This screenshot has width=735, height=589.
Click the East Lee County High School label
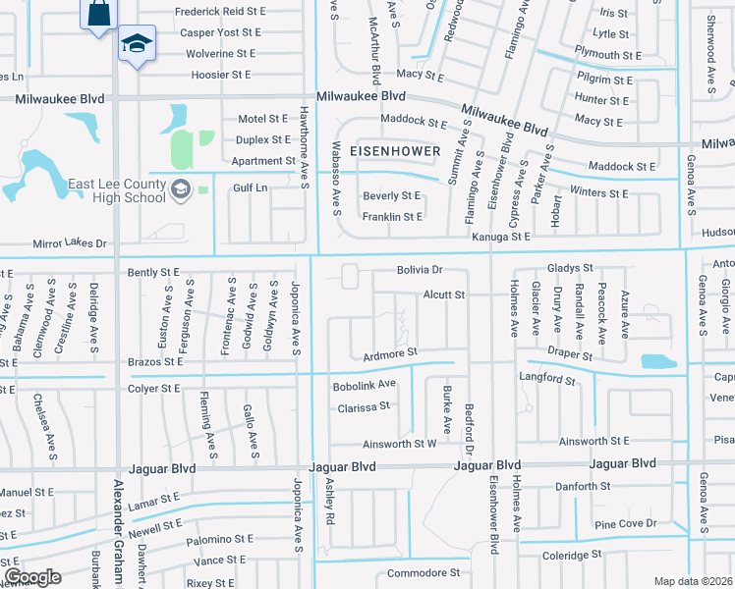[x=117, y=190]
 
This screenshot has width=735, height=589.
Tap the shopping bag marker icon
[x=99, y=15]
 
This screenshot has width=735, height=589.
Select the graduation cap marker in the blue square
[x=136, y=44]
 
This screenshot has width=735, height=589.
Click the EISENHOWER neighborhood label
[x=391, y=152]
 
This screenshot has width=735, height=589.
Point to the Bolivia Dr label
[x=421, y=269]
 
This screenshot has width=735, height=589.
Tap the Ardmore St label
[x=390, y=351]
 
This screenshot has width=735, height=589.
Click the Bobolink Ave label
[x=364, y=384]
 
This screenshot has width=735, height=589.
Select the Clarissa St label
[x=364, y=404]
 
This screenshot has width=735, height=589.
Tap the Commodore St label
[x=424, y=572]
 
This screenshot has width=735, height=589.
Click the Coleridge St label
[x=572, y=555]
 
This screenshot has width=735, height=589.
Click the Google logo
[x=31, y=576]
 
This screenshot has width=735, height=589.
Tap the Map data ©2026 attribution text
[x=694, y=581]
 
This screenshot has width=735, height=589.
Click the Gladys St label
[x=571, y=268]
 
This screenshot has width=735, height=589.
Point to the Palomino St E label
[x=214, y=539]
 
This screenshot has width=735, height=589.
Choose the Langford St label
[x=545, y=376]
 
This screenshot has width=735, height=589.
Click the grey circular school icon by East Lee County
[x=180, y=189]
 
